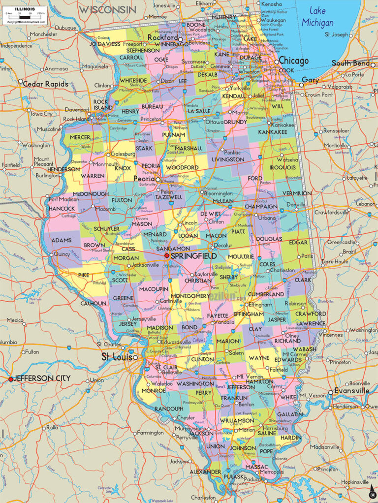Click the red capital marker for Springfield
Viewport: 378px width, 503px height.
coord(167,256)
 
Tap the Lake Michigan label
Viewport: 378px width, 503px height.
coord(317,16)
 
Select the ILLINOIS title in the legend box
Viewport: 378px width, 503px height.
coord(25,9)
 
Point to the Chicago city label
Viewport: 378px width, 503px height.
coord(293,61)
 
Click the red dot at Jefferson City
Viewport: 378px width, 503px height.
coord(10,379)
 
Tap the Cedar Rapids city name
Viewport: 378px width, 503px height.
coord(45,84)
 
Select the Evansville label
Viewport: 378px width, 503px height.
coord(351,391)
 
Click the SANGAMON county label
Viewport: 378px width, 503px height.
coord(173,249)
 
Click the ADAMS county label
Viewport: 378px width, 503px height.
coord(62,240)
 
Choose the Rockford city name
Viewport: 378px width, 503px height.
coord(162,37)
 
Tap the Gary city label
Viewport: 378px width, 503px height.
coord(310,80)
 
